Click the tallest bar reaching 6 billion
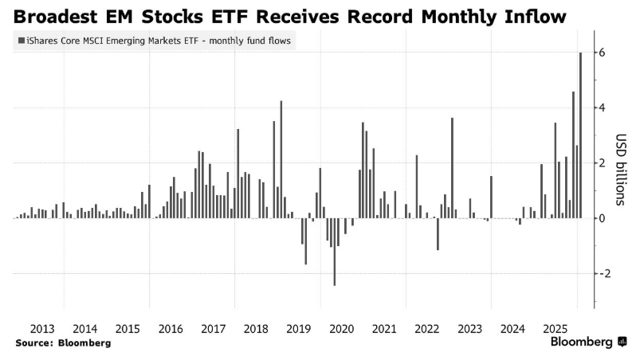(580, 135)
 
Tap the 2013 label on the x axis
(41, 328)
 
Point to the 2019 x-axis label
(298, 328)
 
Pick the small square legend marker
(19, 40)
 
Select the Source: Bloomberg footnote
(62, 342)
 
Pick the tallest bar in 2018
(281, 159)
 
